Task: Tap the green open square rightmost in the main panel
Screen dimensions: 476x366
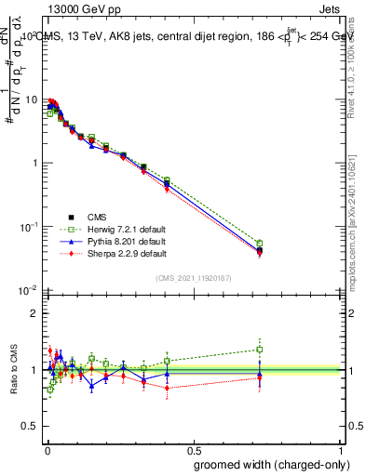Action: click(x=260, y=244)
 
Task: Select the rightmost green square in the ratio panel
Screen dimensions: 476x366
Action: click(x=260, y=350)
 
